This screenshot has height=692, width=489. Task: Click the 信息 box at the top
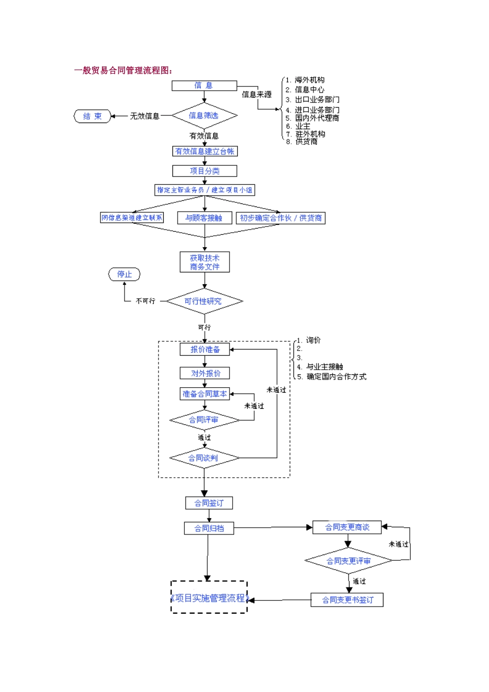tap(204, 85)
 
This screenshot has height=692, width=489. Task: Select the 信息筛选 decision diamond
tap(204, 116)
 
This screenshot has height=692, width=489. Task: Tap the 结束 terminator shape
tap(93, 116)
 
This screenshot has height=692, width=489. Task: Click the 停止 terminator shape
tap(124, 274)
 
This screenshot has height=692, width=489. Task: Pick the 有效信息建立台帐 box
tap(205, 151)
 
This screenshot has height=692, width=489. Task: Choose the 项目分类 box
tap(204, 171)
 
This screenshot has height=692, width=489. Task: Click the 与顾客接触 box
tap(204, 218)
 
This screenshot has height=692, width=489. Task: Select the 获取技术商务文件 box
tap(204, 262)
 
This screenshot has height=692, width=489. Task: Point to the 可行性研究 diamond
tap(204, 301)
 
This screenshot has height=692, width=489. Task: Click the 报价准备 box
tap(205, 350)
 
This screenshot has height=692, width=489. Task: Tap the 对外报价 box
tap(205, 373)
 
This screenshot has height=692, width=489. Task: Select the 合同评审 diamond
tap(204, 420)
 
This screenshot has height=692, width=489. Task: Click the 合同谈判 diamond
tap(204, 458)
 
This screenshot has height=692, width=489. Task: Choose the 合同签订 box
tap(208, 503)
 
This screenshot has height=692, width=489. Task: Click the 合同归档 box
tap(208, 528)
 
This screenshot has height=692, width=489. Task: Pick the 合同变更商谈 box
tap(347, 527)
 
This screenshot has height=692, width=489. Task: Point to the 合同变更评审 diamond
tap(348, 561)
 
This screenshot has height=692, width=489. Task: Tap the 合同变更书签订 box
tap(347, 600)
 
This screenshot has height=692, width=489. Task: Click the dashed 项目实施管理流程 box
tap(209, 598)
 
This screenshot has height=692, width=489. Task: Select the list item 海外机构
tap(309, 80)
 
